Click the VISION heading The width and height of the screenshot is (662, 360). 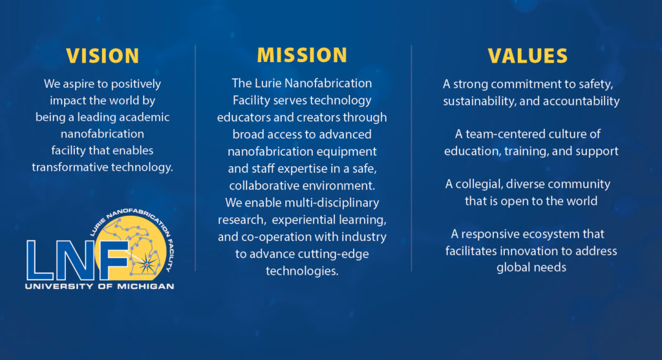coord(103,56)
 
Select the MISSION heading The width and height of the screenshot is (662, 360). coord(302,56)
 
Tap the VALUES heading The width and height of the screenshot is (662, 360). coord(528,56)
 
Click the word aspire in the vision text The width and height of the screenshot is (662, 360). coord(79,85)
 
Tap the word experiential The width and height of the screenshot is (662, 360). coord(301,220)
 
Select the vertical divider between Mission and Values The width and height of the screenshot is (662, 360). coord(411,158)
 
